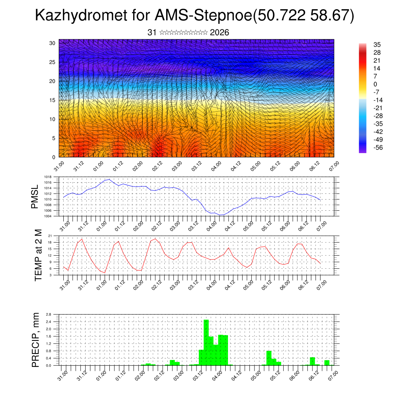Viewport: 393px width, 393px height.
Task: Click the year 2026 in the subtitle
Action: [220, 33]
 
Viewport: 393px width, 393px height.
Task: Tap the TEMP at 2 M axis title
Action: [38, 255]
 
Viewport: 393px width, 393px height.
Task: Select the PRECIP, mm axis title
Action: [35, 339]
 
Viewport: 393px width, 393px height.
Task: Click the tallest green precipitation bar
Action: [206, 342]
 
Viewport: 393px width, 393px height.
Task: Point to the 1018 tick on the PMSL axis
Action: [47, 177]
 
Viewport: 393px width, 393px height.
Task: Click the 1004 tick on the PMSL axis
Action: [47, 216]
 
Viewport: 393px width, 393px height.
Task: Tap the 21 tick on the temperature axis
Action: [50, 235]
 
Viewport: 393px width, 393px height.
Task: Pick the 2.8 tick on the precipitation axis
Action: [49, 314]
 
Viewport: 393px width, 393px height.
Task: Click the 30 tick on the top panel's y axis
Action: [53, 43]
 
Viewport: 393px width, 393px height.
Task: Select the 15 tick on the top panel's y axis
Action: [53, 100]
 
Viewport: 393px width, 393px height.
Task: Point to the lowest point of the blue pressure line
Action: [221, 215]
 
